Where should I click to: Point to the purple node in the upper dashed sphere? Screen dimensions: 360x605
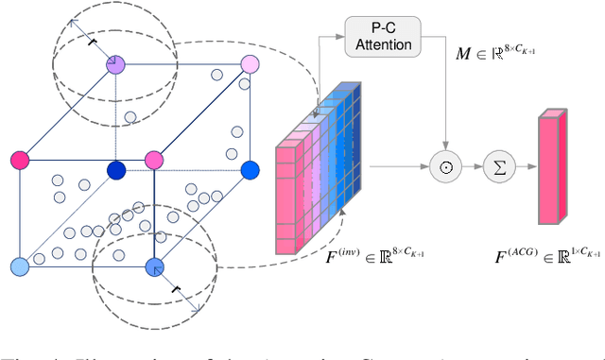[116, 64]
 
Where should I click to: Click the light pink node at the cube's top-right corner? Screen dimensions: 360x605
[250, 64]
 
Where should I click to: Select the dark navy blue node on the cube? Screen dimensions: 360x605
[116, 170]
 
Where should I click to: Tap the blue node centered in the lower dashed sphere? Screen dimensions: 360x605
[155, 267]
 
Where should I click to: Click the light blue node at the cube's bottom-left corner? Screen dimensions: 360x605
[18, 267]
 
